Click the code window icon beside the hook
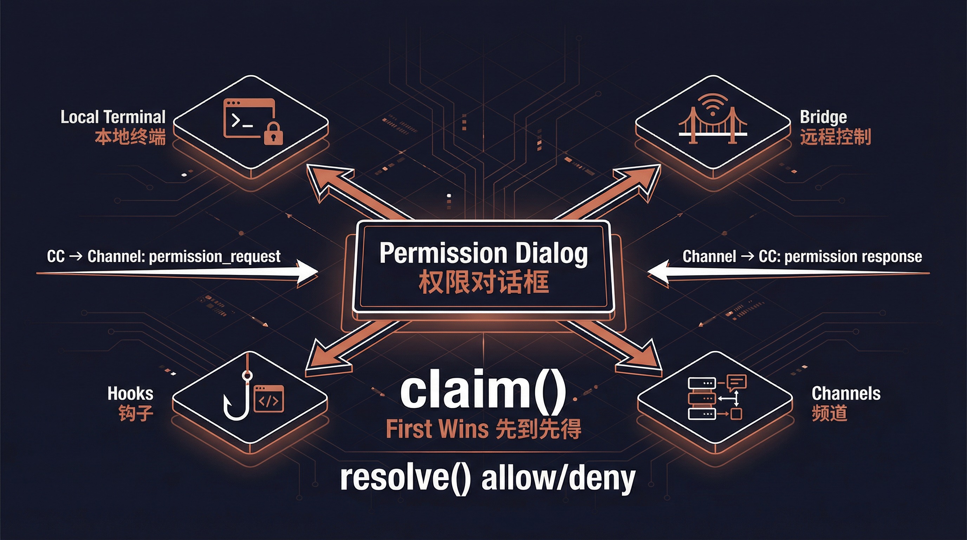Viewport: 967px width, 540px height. pyautogui.click(x=269, y=398)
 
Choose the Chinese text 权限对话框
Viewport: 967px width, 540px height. pyautogui.click(x=483, y=282)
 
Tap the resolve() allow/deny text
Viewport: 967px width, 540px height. pyautogui.click(x=487, y=479)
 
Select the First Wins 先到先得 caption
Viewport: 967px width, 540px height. pyautogui.click(x=483, y=429)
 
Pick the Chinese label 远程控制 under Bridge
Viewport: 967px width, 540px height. pyautogui.click(x=835, y=137)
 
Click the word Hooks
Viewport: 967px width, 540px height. pyautogui.click(x=130, y=393)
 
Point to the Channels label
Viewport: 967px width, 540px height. pyautogui.click(x=846, y=393)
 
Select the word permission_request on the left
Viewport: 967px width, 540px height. pyautogui.click(x=214, y=257)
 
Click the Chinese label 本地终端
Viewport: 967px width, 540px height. pyautogui.click(x=130, y=137)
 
